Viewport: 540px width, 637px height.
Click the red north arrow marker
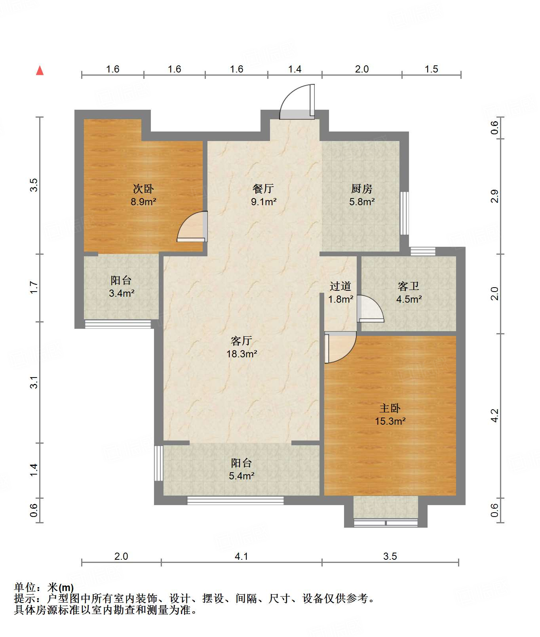click(x=40, y=71)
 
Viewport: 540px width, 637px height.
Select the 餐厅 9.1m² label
click(x=264, y=195)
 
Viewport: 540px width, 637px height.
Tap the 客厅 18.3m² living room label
click(x=241, y=347)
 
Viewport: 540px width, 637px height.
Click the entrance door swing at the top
click(x=297, y=102)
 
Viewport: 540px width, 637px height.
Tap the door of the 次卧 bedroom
click(x=192, y=227)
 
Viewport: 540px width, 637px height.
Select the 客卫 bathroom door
click(x=371, y=308)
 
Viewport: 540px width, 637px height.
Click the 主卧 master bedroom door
click(x=340, y=347)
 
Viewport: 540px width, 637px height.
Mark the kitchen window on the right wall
click(x=404, y=213)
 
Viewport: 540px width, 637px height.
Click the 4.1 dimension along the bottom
click(x=241, y=557)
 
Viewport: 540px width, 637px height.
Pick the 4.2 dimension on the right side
click(x=494, y=416)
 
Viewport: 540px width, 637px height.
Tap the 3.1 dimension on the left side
click(x=34, y=382)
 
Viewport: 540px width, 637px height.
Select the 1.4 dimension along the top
click(x=295, y=69)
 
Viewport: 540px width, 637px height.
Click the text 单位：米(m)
click(x=44, y=587)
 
